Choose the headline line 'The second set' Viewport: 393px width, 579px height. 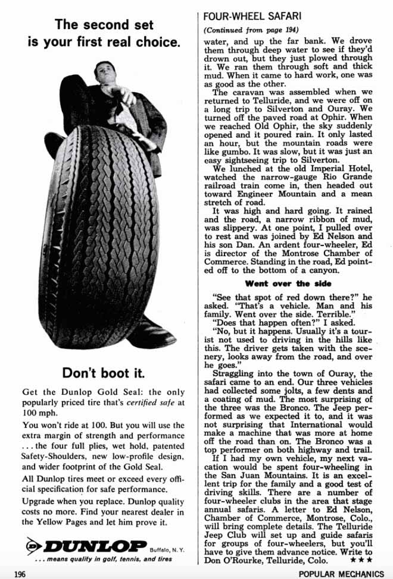[x=104, y=25]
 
